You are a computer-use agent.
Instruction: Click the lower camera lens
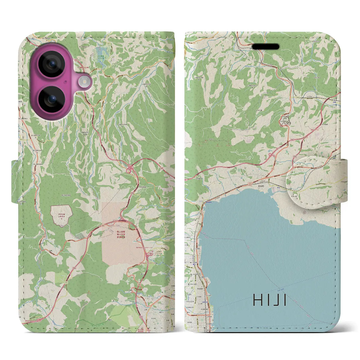[51, 99]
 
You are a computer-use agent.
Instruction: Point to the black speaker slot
[265, 46]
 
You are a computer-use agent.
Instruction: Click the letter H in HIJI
[258, 300]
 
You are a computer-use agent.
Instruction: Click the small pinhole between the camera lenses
[66, 82]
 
